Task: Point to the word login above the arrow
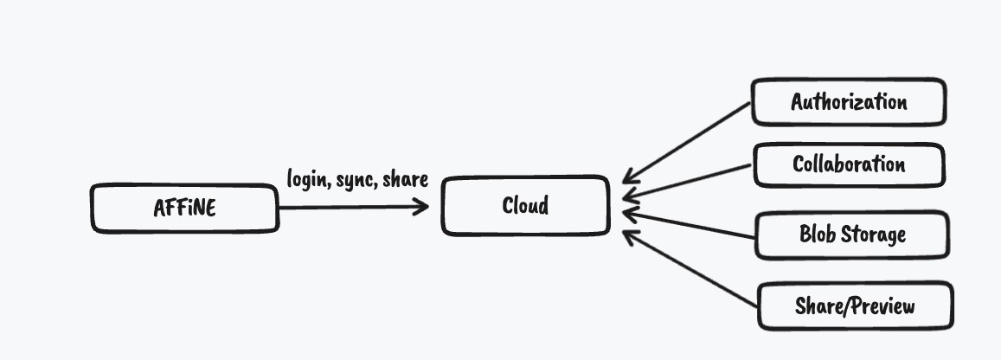(306, 179)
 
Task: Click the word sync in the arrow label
(355, 180)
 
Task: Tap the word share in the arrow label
(404, 179)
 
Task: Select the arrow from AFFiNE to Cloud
(346, 207)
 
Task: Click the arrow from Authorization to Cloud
(688, 142)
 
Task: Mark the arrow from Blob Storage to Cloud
(688, 222)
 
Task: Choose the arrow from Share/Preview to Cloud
(688, 267)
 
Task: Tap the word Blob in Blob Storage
(816, 235)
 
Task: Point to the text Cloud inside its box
(525, 206)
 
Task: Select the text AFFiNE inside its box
(184, 209)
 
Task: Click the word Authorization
(849, 102)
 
